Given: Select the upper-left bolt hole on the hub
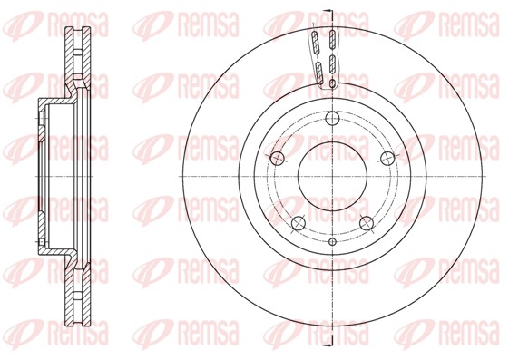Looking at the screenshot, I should pos(278,158).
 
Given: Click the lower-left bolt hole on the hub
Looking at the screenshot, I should pos(298,223).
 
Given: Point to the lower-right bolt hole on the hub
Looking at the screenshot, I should pos(367,223).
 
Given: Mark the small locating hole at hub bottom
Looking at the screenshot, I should pos(332,242).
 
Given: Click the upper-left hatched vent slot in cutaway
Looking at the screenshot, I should pos(316,42).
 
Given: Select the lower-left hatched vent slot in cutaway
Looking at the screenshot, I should pos(319,72).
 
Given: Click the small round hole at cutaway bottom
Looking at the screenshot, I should pos(332,85).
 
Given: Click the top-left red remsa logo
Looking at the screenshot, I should pos(45,21).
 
